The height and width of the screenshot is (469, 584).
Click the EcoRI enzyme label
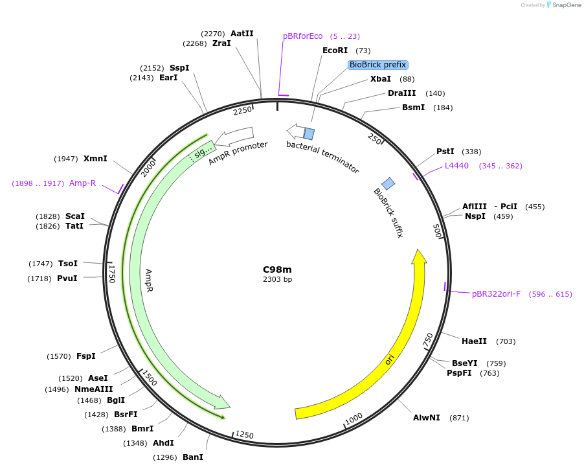click(x=335, y=51)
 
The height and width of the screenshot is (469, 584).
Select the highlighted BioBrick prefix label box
click(x=377, y=65)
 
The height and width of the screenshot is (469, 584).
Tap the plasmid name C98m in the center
click(x=277, y=269)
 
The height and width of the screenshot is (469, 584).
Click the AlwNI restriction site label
click(x=427, y=418)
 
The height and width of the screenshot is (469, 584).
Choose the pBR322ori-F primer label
click(x=496, y=294)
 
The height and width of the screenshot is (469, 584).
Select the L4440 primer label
click(x=456, y=166)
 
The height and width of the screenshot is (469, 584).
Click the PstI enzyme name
click(x=445, y=152)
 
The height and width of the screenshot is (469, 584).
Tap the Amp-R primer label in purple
click(x=82, y=183)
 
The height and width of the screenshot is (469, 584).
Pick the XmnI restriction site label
click(x=95, y=159)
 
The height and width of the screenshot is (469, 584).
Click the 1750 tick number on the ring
click(x=112, y=273)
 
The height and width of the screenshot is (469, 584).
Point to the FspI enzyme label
click(x=85, y=356)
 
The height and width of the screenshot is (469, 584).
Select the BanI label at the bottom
click(x=192, y=457)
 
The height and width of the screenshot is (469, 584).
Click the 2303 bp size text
click(x=277, y=280)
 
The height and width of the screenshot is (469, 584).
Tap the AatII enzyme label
click(x=242, y=34)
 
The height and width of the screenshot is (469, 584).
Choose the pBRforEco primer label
click(x=302, y=36)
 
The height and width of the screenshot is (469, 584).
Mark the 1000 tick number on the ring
click(x=354, y=420)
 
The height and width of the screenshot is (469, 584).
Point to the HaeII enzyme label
click(x=475, y=341)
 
